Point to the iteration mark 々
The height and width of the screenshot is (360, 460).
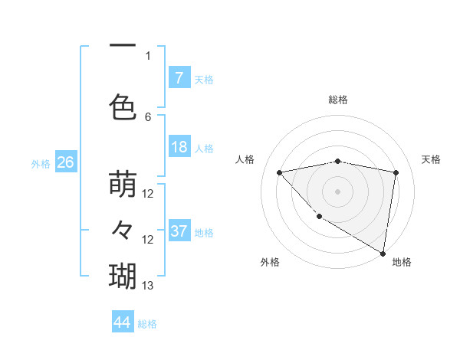tap(123, 229)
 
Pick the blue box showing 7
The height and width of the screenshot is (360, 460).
tap(179, 78)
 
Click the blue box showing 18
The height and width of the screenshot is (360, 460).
tap(179, 148)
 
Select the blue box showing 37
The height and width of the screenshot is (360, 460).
tap(179, 231)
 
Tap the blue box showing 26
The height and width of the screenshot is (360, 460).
tap(65, 162)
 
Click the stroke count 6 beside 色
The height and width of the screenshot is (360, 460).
tap(148, 117)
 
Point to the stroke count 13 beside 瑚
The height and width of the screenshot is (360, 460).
tap(148, 286)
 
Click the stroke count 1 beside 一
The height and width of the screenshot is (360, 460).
tap(148, 55)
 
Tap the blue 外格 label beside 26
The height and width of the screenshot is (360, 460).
tap(41, 163)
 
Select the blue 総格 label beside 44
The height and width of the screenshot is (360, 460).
tap(147, 324)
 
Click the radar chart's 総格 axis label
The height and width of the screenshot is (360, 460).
tap(338, 100)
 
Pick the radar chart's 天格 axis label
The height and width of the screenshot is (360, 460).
tap(432, 159)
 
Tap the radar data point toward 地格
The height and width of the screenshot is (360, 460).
tap(383, 253)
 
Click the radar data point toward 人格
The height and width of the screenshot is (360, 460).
tap(279, 172)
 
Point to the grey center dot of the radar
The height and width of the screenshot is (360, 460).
tap(338, 191)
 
